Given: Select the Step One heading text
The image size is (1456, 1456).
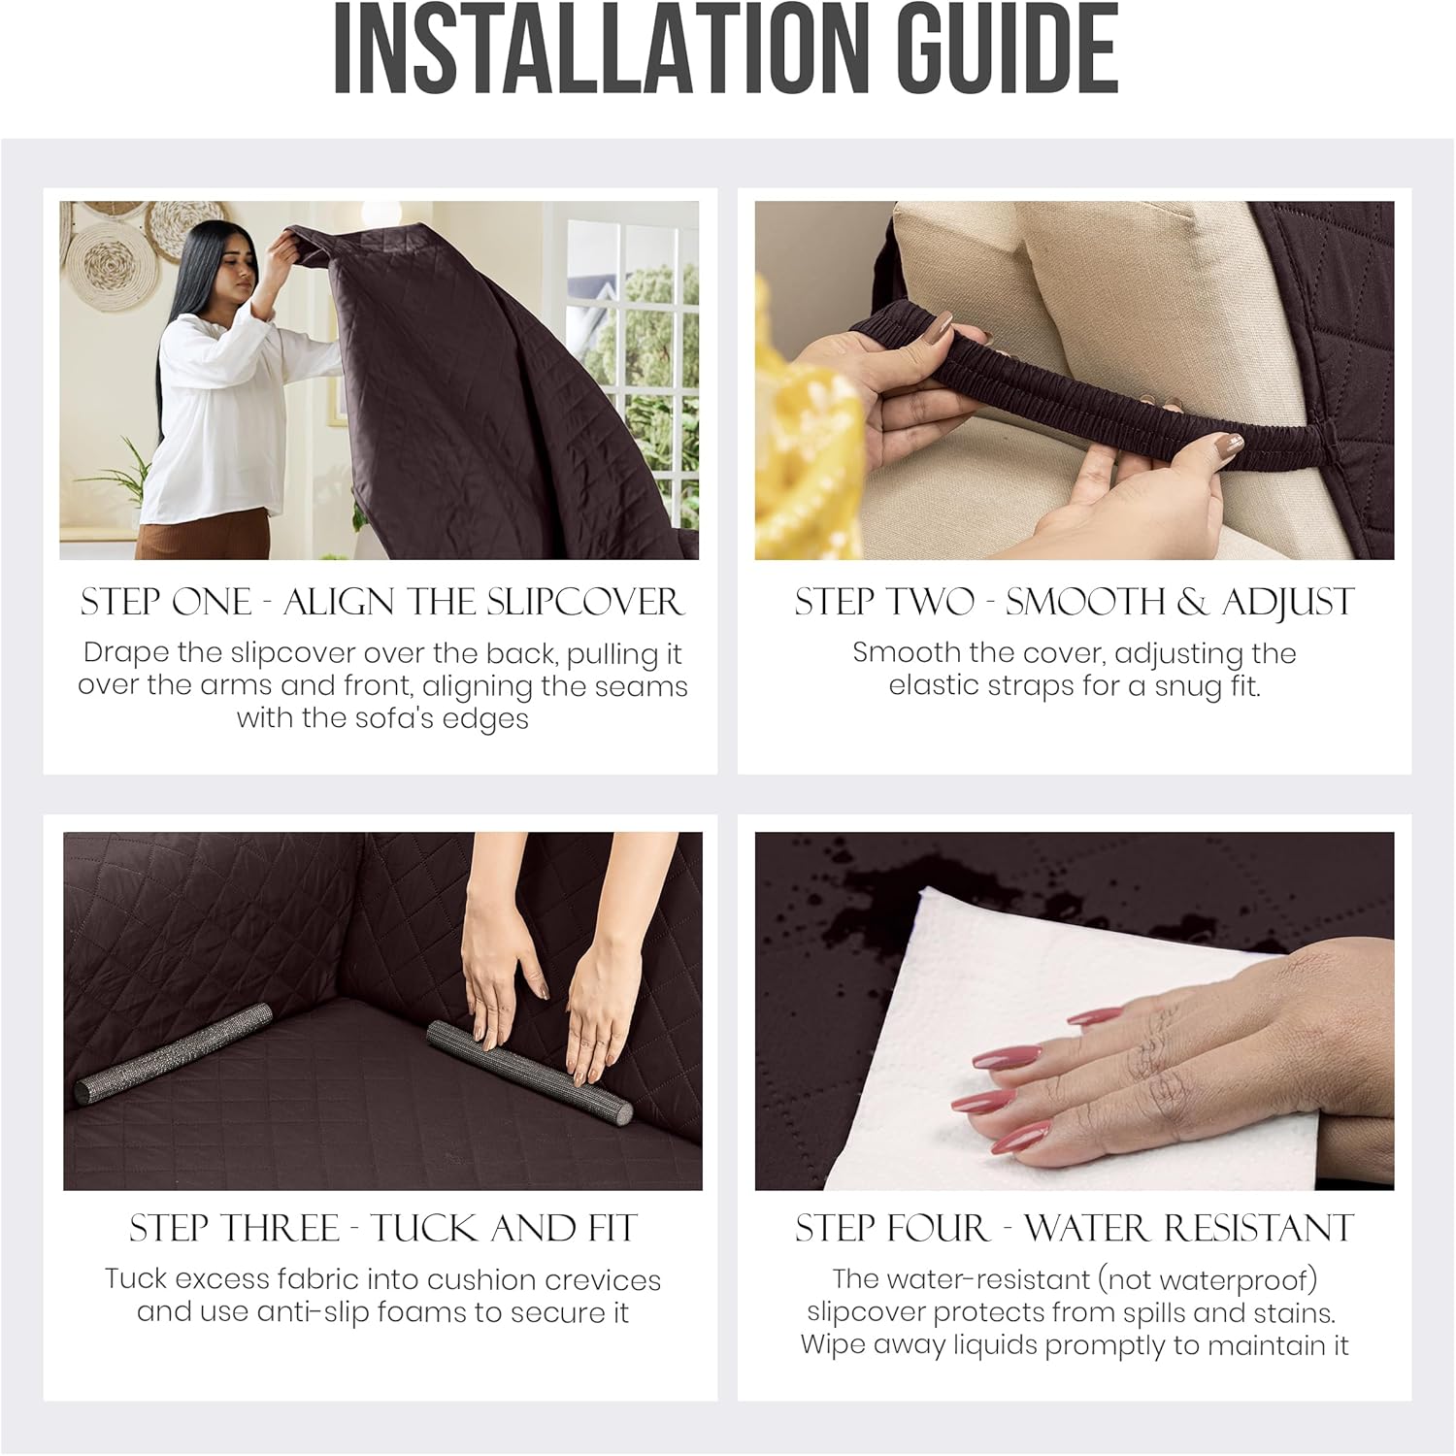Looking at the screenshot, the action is click(381, 602).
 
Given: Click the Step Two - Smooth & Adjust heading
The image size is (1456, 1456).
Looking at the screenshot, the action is click(1074, 602).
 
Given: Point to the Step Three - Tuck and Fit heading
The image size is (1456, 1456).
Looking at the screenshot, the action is click(382, 1229).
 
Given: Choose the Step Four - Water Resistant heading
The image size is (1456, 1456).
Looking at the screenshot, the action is click(1074, 1229).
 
